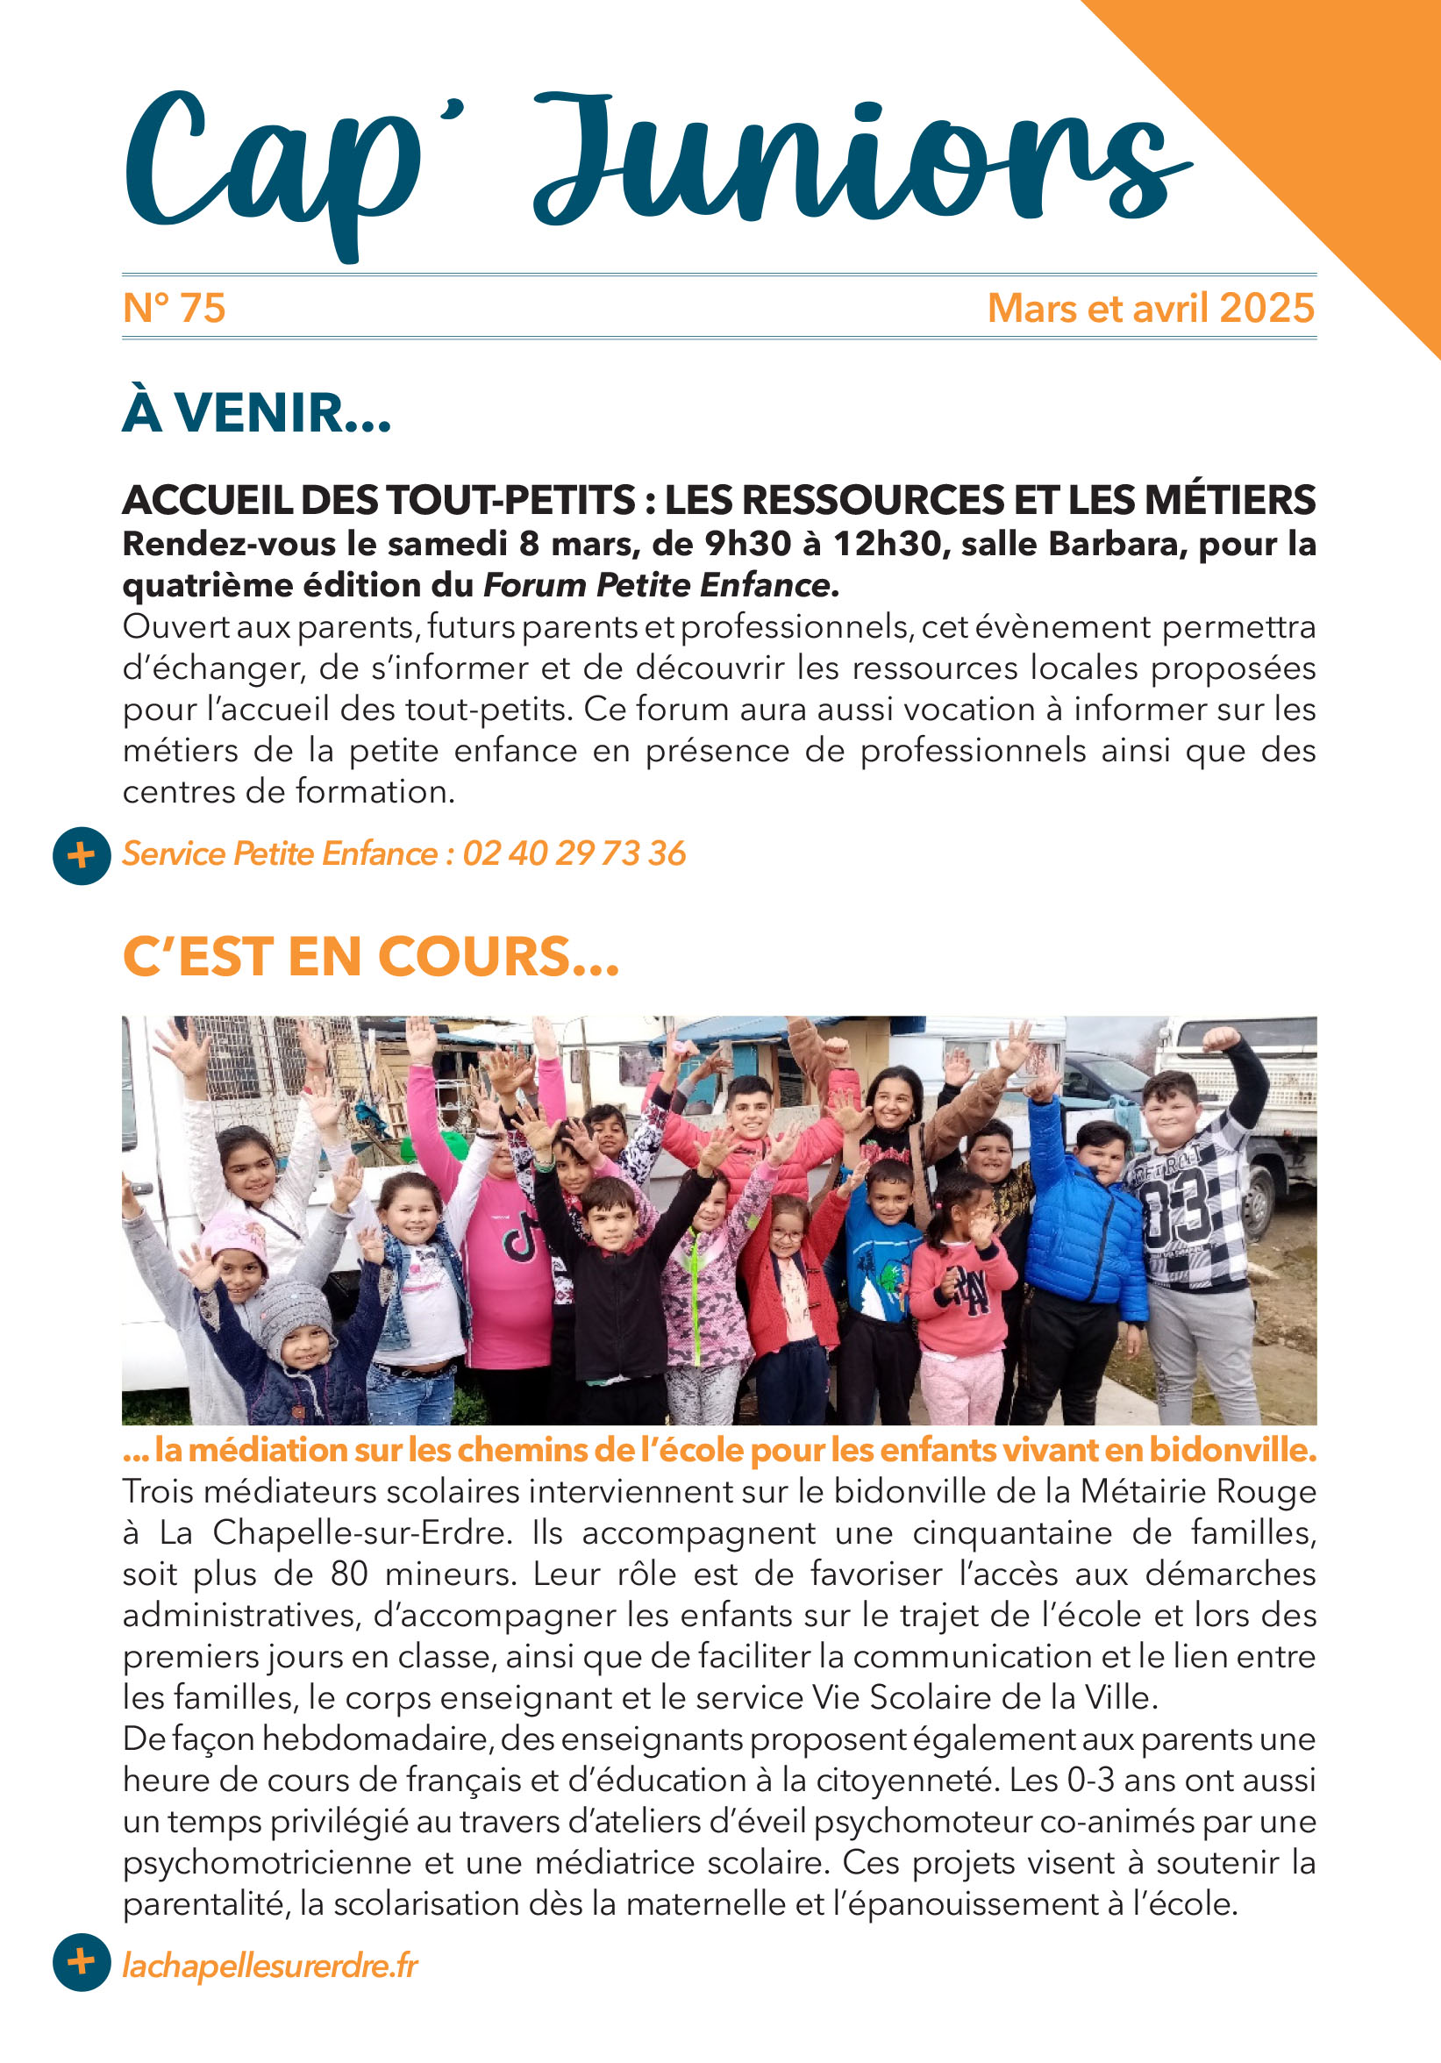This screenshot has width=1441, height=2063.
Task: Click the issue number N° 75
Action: (174, 308)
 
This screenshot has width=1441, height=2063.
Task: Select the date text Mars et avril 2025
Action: (1151, 308)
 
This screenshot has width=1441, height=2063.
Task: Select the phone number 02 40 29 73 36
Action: (574, 853)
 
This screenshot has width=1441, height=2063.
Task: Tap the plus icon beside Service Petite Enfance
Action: (81, 855)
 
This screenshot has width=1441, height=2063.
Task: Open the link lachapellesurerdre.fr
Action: (270, 1966)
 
